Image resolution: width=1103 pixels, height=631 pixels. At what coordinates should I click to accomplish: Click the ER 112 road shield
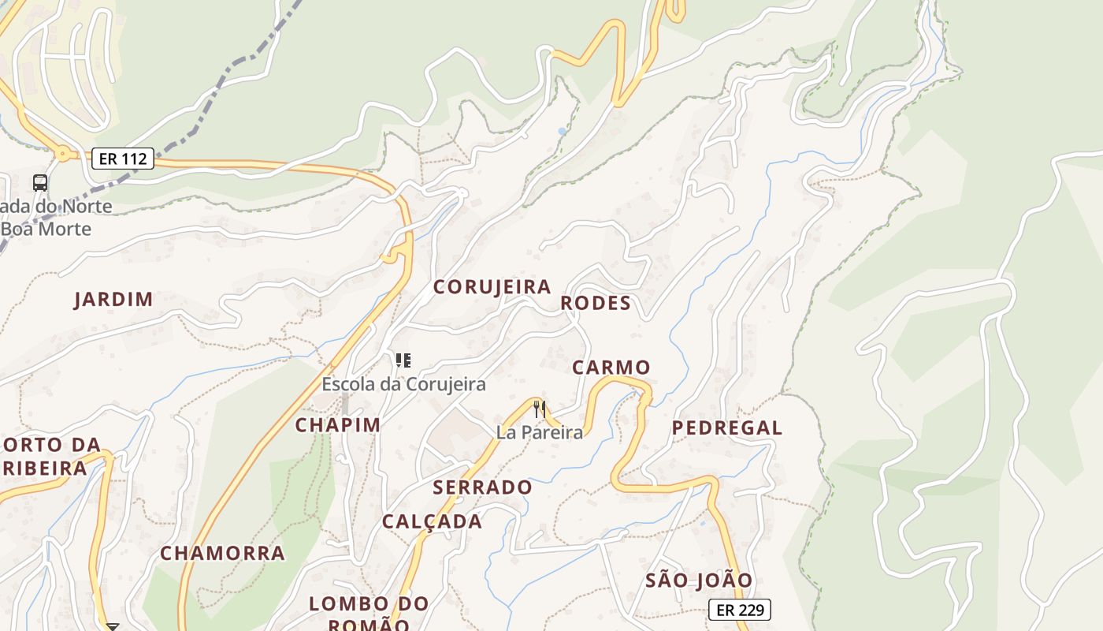(x=122, y=159)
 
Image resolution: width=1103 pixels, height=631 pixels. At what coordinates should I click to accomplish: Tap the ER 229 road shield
(x=739, y=610)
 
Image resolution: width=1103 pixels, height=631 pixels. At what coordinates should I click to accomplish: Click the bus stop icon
(x=40, y=183)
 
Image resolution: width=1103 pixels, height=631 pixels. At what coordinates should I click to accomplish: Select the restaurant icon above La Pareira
(x=540, y=409)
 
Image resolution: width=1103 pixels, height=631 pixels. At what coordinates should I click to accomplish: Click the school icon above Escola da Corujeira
(x=403, y=361)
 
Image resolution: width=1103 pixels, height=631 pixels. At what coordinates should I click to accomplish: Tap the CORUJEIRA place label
(x=492, y=287)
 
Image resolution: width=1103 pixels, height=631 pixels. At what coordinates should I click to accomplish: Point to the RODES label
(x=596, y=304)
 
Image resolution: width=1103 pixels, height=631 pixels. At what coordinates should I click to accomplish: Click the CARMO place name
(x=611, y=368)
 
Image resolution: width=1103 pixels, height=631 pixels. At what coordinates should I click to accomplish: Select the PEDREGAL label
(x=727, y=428)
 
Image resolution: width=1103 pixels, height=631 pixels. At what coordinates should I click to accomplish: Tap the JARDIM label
(x=113, y=300)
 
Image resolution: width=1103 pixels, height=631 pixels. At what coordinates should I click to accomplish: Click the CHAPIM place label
(x=338, y=425)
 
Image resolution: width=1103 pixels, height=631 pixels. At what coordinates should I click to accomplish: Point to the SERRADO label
(x=483, y=487)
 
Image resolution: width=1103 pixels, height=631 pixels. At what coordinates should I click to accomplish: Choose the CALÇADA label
(x=432, y=522)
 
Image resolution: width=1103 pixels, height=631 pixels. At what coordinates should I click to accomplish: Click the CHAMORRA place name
(x=223, y=554)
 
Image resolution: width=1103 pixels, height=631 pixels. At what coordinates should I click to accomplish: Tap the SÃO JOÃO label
(x=700, y=581)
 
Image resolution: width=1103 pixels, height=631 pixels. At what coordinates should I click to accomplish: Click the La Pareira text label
(x=540, y=432)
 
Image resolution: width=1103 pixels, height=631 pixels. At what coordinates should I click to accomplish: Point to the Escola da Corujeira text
(x=403, y=385)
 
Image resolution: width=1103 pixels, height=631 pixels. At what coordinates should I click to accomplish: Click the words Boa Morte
(x=47, y=230)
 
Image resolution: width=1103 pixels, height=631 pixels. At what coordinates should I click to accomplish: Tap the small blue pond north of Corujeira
(x=562, y=131)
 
